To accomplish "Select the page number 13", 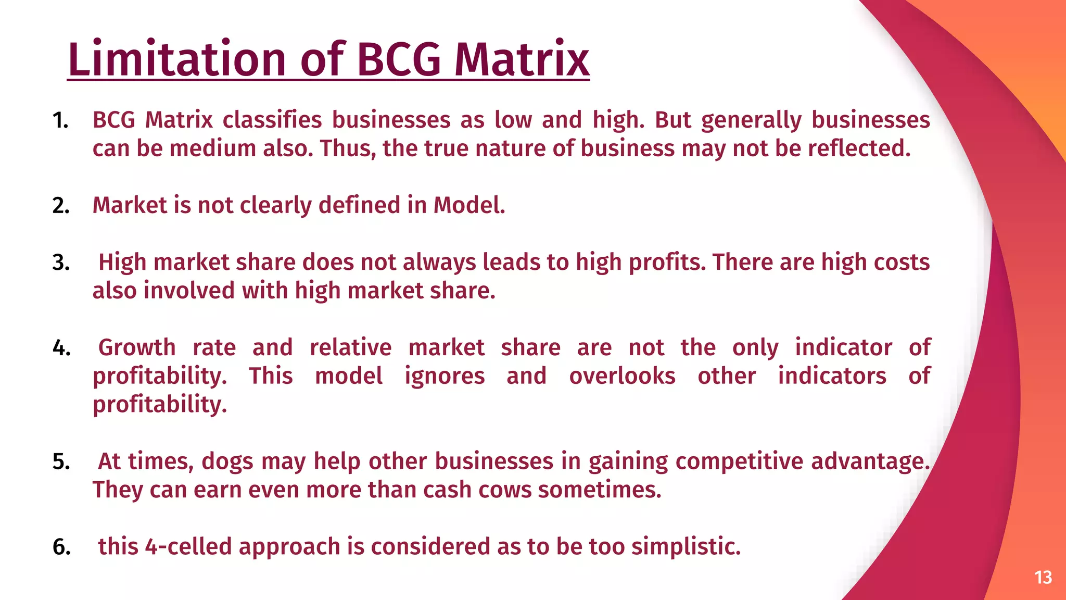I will tap(1043, 578).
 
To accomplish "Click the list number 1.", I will tap(60, 120).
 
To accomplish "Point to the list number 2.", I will tap(61, 206).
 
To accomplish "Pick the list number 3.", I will tap(61, 262).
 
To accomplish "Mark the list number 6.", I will tap(61, 547).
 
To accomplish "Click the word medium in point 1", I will tap(212, 148).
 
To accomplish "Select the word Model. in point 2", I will tap(469, 205).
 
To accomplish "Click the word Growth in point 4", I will tap(137, 347).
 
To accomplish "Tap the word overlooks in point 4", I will tap(622, 376).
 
